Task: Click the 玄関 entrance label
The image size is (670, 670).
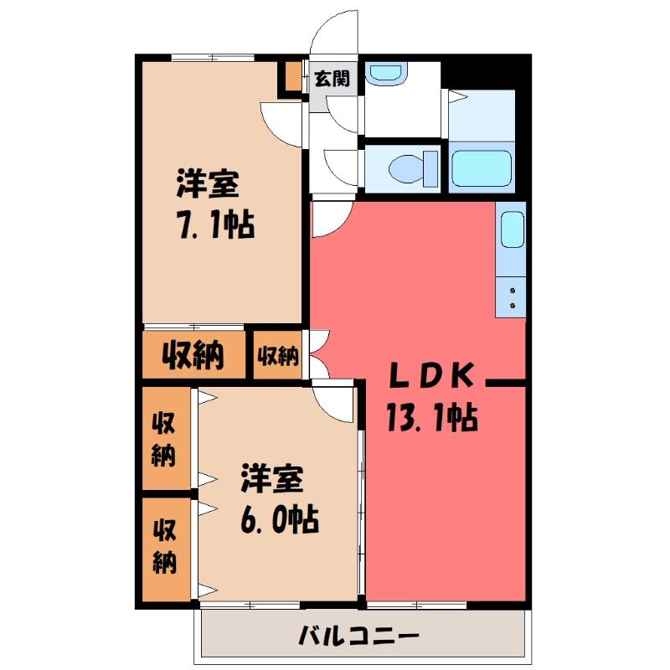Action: (332, 79)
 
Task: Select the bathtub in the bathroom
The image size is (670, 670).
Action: (482, 168)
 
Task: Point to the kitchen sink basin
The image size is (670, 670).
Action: (512, 229)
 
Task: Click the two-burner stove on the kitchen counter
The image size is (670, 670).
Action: (511, 297)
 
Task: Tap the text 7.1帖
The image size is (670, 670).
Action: (215, 224)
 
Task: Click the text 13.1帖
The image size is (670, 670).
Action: (432, 417)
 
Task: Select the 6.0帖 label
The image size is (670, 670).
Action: (279, 519)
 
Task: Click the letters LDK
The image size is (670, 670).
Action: (431, 374)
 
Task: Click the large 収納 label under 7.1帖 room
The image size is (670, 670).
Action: (193, 355)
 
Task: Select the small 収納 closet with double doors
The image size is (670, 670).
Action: (278, 355)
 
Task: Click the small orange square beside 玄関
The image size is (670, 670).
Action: (293, 76)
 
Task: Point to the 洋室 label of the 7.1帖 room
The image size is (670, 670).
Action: (208, 183)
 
